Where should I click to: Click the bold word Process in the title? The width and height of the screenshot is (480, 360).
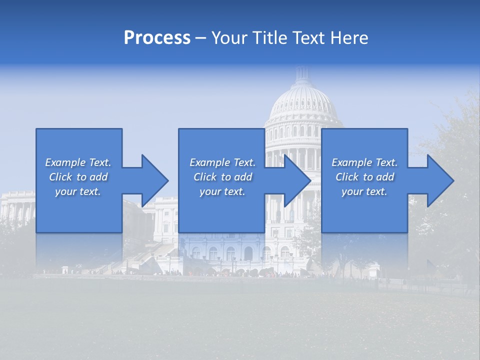click(x=157, y=38)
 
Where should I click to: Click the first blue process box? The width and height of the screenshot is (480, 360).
click(x=79, y=145)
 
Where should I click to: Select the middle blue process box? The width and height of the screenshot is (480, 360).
click(x=221, y=145)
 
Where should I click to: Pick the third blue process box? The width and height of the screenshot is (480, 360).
click(x=364, y=145)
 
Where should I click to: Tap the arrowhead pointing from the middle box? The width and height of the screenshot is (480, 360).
click(x=297, y=180)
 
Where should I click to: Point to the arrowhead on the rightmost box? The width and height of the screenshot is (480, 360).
click(x=440, y=180)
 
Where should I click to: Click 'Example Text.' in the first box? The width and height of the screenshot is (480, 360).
click(x=78, y=162)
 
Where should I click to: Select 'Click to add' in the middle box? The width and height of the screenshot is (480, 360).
click(x=222, y=177)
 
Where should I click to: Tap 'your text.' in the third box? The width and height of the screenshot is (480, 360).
click(x=364, y=191)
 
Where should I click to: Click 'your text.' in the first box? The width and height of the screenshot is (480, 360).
click(x=78, y=191)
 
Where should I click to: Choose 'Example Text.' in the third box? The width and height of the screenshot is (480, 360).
click(x=364, y=162)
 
